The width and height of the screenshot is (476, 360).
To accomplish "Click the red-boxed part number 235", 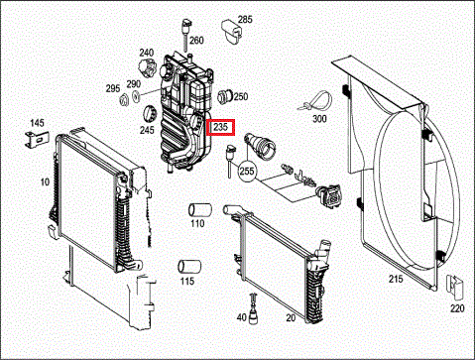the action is (x=220, y=127).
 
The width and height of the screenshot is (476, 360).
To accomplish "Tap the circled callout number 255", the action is (x=247, y=171).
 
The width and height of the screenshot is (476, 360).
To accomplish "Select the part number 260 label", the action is (x=196, y=41).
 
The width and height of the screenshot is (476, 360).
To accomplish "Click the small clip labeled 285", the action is (x=231, y=31).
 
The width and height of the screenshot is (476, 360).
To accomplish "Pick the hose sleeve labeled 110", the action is (x=200, y=210).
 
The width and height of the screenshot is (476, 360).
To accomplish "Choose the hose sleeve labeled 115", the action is (x=189, y=267).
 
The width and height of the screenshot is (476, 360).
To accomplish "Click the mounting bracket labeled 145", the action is (x=37, y=139).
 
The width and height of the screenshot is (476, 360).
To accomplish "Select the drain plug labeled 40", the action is (x=253, y=309).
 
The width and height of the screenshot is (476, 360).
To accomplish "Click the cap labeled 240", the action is (x=147, y=68).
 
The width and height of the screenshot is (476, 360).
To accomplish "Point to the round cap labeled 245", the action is (x=150, y=114).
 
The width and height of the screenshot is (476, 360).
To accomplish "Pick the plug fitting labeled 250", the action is (x=226, y=96).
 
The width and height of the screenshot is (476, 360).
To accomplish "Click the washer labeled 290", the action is (x=136, y=96).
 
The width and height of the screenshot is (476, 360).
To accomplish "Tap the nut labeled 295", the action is (x=124, y=100).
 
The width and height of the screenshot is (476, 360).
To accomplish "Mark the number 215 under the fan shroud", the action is (x=396, y=279).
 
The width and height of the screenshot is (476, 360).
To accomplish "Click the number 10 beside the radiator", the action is (x=45, y=181).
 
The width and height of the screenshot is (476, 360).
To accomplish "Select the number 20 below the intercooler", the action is (x=291, y=317).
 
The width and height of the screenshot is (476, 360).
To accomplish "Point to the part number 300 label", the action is (x=319, y=118).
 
